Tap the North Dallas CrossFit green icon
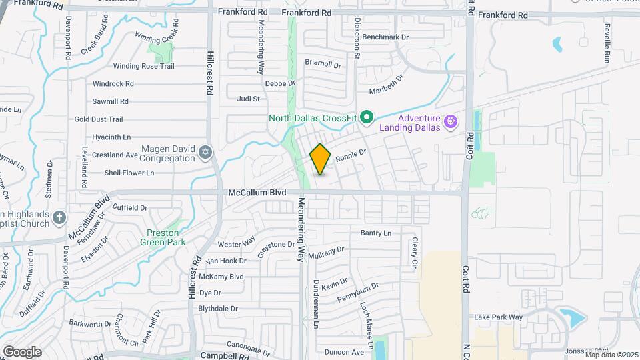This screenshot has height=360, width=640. pyautogui.click(x=366, y=118)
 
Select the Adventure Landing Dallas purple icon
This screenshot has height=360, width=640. pyautogui.click(x=451, y=121)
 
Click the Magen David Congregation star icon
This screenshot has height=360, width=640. pyautogui.click(x=205, y=154)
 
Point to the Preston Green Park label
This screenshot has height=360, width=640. pyautogui.click(x=159, y=237)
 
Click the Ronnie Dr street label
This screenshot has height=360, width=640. pyautogui.click(x=351, y=155)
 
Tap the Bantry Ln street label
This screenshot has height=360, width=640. pyautogui.click(x=376, y=233)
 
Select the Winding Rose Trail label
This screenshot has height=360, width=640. pyautogui.click(x=143, y=66)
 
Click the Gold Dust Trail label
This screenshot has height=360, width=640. pyautogui.click(x=99, y=119)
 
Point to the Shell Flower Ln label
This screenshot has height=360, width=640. pyautogui.click(x=129, y=173)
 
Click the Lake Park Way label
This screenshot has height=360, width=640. pyautogui.click(x=498, y=317)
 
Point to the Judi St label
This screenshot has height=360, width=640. pyautogui.click(x=248, y=99)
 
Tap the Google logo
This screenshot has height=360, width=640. pyautogui.click(x=22, y=351)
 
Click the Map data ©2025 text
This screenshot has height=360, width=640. pyautogui.click(x=611, y=354)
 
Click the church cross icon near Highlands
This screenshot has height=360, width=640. pyautogui.click(x=59, y=217)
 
